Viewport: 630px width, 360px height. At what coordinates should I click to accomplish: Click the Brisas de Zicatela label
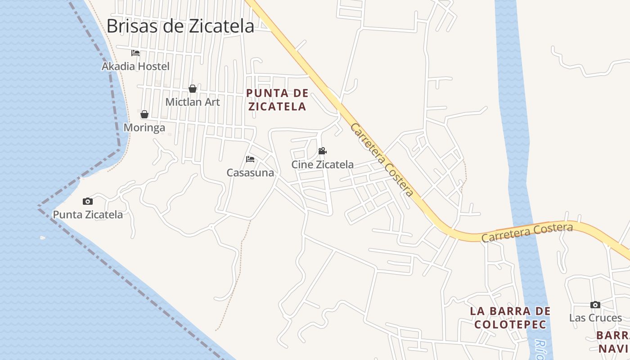click(180, 26)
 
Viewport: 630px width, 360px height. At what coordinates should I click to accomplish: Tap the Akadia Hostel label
click(135, 67)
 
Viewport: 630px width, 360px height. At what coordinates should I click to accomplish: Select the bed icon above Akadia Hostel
click(135, 53)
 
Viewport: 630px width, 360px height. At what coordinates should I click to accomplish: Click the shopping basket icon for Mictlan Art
click(193, 89)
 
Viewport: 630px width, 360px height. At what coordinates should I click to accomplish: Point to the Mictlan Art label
click(193, 102)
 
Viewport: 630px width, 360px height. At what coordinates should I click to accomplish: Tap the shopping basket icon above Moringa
click(144, 114)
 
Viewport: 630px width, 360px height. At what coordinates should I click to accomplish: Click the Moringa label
click(144, 128)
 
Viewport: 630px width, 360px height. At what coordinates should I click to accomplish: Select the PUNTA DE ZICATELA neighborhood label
click(277, 100)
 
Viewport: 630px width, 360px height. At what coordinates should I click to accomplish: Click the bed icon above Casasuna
click(250, 159)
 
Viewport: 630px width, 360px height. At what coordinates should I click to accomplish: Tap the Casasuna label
click(250, 173)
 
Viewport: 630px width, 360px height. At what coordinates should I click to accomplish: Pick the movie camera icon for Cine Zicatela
click(322, 151)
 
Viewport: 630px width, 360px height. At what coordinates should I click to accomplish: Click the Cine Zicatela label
click(322, 165)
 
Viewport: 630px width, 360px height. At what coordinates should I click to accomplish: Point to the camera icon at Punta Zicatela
click(88, 201)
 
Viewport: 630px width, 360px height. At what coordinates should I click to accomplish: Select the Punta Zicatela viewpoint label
click(88, 215)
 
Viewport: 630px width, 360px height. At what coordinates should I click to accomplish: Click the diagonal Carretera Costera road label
click(382, 160)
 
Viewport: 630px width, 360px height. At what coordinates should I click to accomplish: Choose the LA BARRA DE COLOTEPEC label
click(510, 318)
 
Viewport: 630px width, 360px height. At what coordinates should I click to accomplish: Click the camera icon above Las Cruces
click(595, 305)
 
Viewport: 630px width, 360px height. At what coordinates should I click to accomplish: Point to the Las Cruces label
click(595, 318)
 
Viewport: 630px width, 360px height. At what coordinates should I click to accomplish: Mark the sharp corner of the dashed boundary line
click(39, 207)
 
